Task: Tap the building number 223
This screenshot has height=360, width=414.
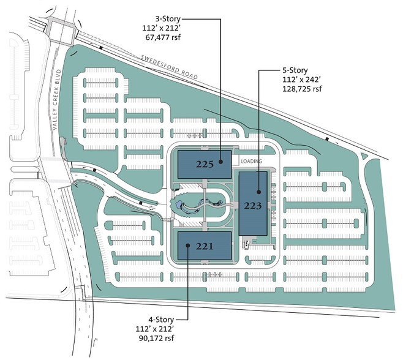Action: pyautogui.click(x=253, y=206)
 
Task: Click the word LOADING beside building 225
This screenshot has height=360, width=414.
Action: pyautogui.click(x=251, y=161)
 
